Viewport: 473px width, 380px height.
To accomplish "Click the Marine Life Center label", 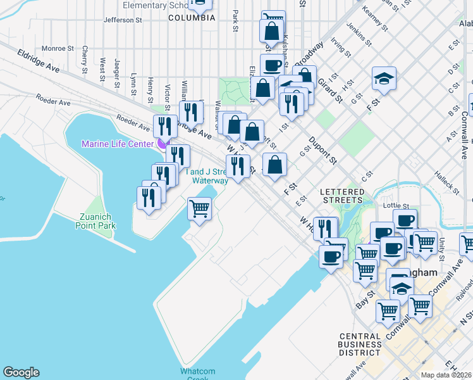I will tap(117, 144).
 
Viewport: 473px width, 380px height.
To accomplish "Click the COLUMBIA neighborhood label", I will tap(192, 18).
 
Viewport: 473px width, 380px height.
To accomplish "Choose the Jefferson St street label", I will tap(123, 20).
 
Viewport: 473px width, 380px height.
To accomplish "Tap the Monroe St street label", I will tap(58, 48).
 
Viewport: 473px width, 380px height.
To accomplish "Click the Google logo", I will tap(21, 372).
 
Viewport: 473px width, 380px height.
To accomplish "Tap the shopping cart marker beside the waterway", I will tap(200, 208).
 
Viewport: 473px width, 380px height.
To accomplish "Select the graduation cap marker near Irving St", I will tap(384, 79).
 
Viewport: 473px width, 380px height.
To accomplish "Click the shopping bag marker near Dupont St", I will tap(275, 165).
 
